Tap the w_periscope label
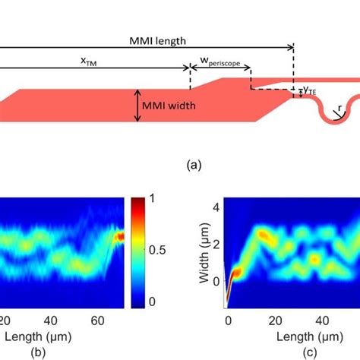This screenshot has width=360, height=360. tap(220, 65)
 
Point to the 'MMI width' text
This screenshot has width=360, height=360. tap(174, 106)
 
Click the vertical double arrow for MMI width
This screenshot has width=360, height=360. tap(137, 106)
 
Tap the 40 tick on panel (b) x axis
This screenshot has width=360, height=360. tap(53, 321)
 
